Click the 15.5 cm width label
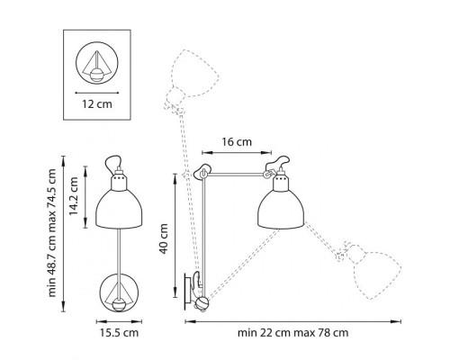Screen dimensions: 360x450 click(118, 334)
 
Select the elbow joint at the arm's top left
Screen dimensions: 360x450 click(202, 172)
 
